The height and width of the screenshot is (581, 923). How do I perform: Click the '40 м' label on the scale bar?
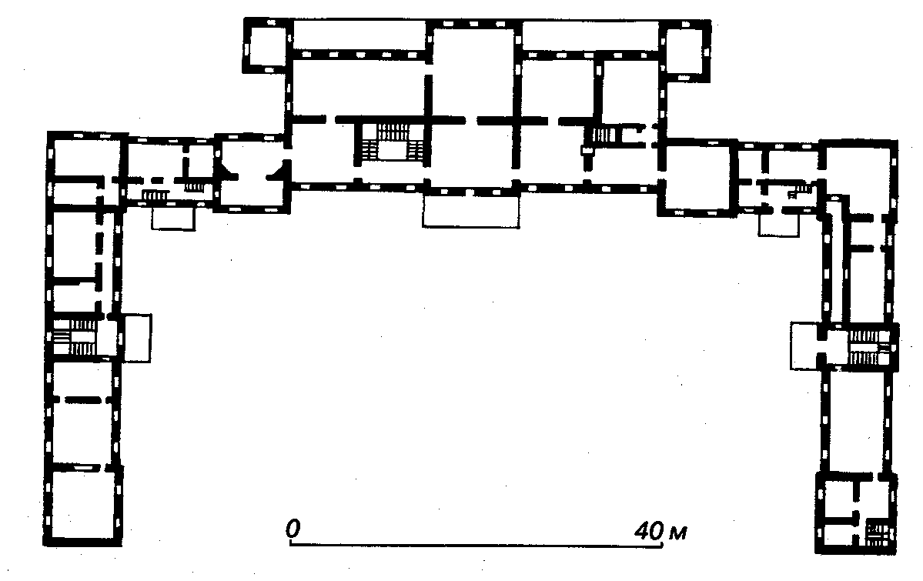(660, 531)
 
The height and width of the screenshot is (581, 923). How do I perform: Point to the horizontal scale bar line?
(477, 545)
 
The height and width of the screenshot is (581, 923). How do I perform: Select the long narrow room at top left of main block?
(359, 35)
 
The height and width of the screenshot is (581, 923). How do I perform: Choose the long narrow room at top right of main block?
(590, 36)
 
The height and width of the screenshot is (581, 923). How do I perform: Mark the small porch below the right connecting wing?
(778, 224)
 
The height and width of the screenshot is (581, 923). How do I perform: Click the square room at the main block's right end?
(697, 178)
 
